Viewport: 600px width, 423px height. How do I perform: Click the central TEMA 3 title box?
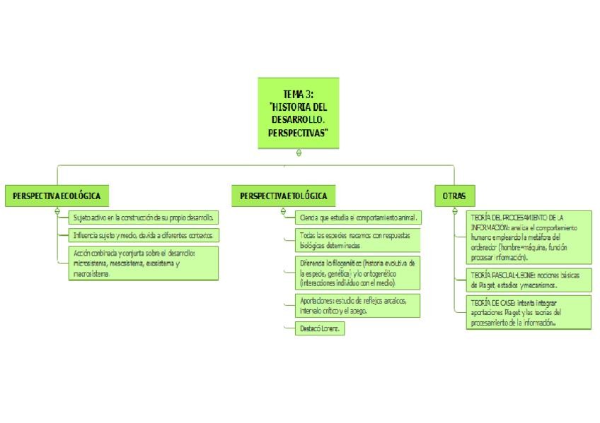coord(299,112)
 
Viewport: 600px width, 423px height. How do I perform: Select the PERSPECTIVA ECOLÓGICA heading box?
coord(57,196)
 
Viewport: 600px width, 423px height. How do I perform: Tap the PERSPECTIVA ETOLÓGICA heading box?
coord(283,196)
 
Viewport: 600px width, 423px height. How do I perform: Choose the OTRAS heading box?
coord(454,196)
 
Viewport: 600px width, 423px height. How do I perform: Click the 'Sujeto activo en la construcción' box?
coord(144,218)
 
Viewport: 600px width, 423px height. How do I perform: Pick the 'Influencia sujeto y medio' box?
coord(144,235)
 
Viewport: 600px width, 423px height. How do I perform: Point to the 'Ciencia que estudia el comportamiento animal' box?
coord(359,218)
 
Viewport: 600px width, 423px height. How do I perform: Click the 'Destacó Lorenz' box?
coord(320,328)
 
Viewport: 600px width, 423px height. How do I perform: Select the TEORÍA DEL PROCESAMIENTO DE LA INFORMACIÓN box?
coord(529,237)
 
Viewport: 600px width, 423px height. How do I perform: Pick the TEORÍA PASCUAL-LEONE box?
coord(529,280)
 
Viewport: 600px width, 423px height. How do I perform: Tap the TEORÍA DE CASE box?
coord(529,312)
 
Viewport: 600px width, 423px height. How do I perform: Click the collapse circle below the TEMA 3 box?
coord(299,153)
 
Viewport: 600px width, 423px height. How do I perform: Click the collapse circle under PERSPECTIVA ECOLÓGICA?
coord(57,210)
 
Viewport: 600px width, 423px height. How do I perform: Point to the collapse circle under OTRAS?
coord(455,210)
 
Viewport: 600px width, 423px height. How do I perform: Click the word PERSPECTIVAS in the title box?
coord(299,133)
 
